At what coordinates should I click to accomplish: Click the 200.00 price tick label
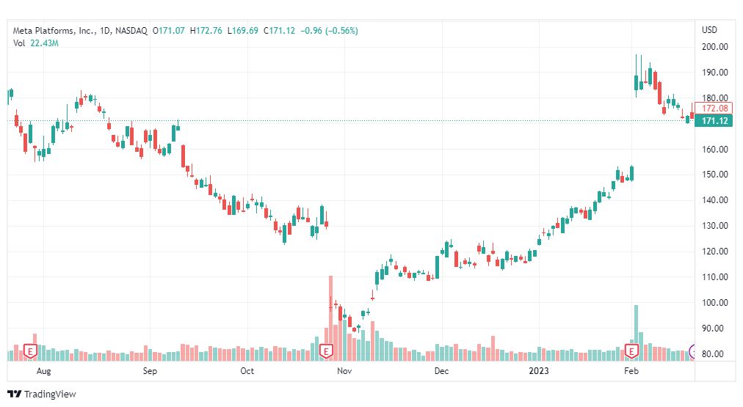[714, 47]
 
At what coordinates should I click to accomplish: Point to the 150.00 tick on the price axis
[714, 175]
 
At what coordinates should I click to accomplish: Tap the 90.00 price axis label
[714, 329]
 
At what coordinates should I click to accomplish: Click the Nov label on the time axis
[343, 372]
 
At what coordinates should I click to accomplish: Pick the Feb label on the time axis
[630, 372]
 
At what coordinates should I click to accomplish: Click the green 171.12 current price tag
[714, 121]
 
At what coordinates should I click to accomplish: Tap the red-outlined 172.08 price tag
[714, 109]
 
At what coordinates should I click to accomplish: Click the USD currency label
[709, 30]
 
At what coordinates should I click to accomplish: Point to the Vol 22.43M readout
[36, 43]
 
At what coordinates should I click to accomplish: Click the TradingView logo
[43, 394]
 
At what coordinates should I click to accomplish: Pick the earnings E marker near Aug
[31, 352]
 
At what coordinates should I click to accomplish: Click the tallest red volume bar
[330, 315]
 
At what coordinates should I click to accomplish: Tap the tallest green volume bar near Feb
[636, 330]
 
